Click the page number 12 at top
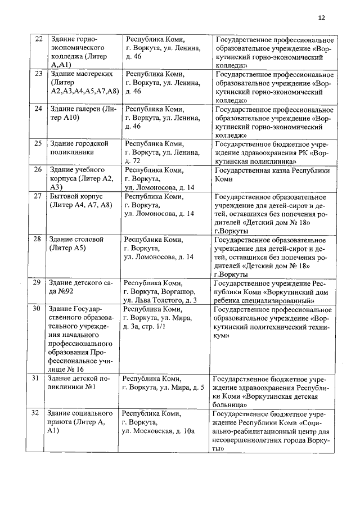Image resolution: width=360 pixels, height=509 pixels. [x=321, y=17]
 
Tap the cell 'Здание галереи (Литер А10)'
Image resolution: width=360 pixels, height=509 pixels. [x=84, y=113]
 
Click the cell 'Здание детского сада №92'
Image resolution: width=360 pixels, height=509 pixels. [x=83, y=287]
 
